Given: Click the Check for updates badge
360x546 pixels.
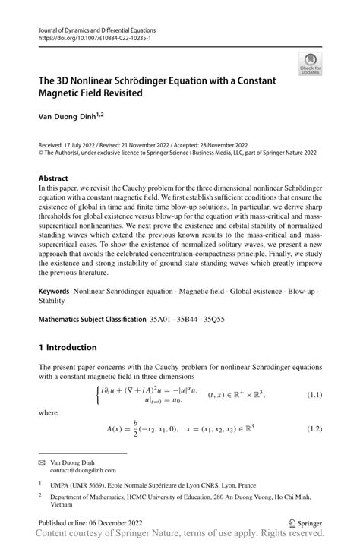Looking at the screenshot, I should click(x=309, y=63).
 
